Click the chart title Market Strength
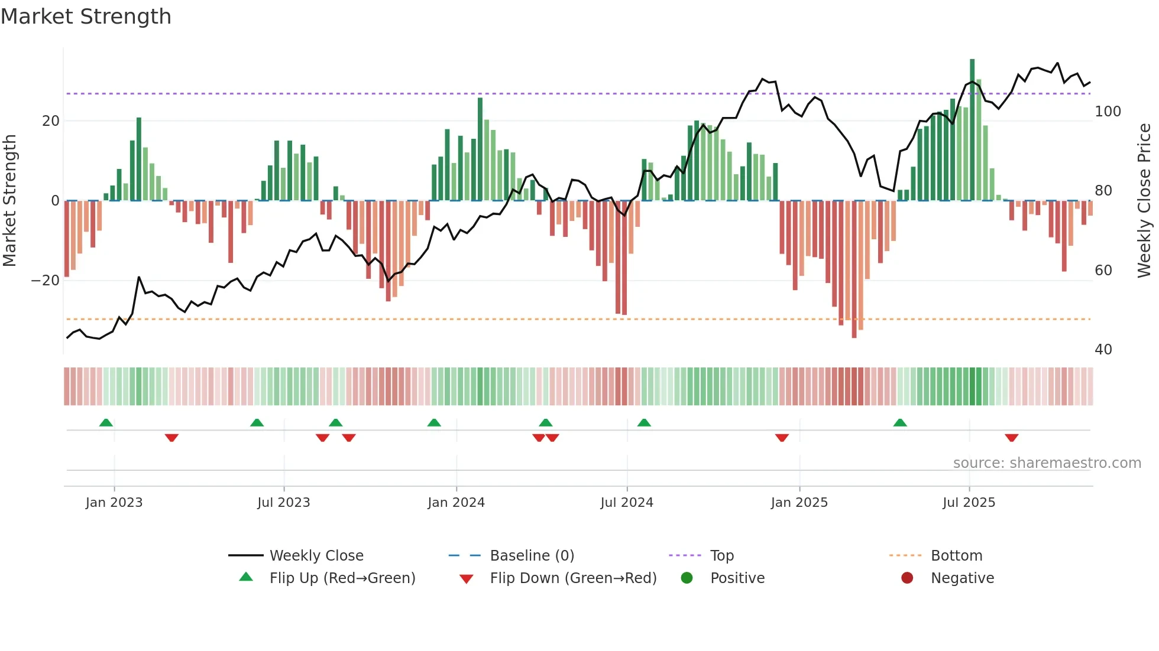(x=86, y=17)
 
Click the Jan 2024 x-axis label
(x=456, y=503)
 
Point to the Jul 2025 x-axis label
(x=969, y=503)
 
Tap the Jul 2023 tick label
(x=283, y=503)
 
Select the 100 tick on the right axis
(x=1108, y=112)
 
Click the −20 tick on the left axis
(x=45, y=281)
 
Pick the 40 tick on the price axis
(x=1103, y=350)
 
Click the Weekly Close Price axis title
(x=1144, y=201)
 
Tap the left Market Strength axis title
(x=10, y=201)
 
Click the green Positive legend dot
(x=687, y=578)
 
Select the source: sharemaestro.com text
(x=1047, y=463)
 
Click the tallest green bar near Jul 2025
(x=972, y=130)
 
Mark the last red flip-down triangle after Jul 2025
(x=1011, y=438)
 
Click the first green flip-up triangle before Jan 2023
(x=106, y=422)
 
